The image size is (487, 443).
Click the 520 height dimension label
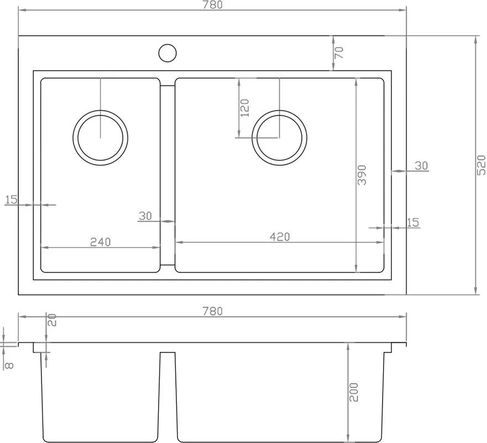[x=481, y=165]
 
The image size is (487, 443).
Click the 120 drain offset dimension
[x=245, y=107]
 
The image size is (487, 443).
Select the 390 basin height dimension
[x=362, y=175]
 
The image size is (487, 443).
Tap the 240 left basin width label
[x=100, y=242]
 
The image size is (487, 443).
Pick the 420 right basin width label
[x=280, y=237]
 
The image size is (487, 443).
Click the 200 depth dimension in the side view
[x=353, y=392]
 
